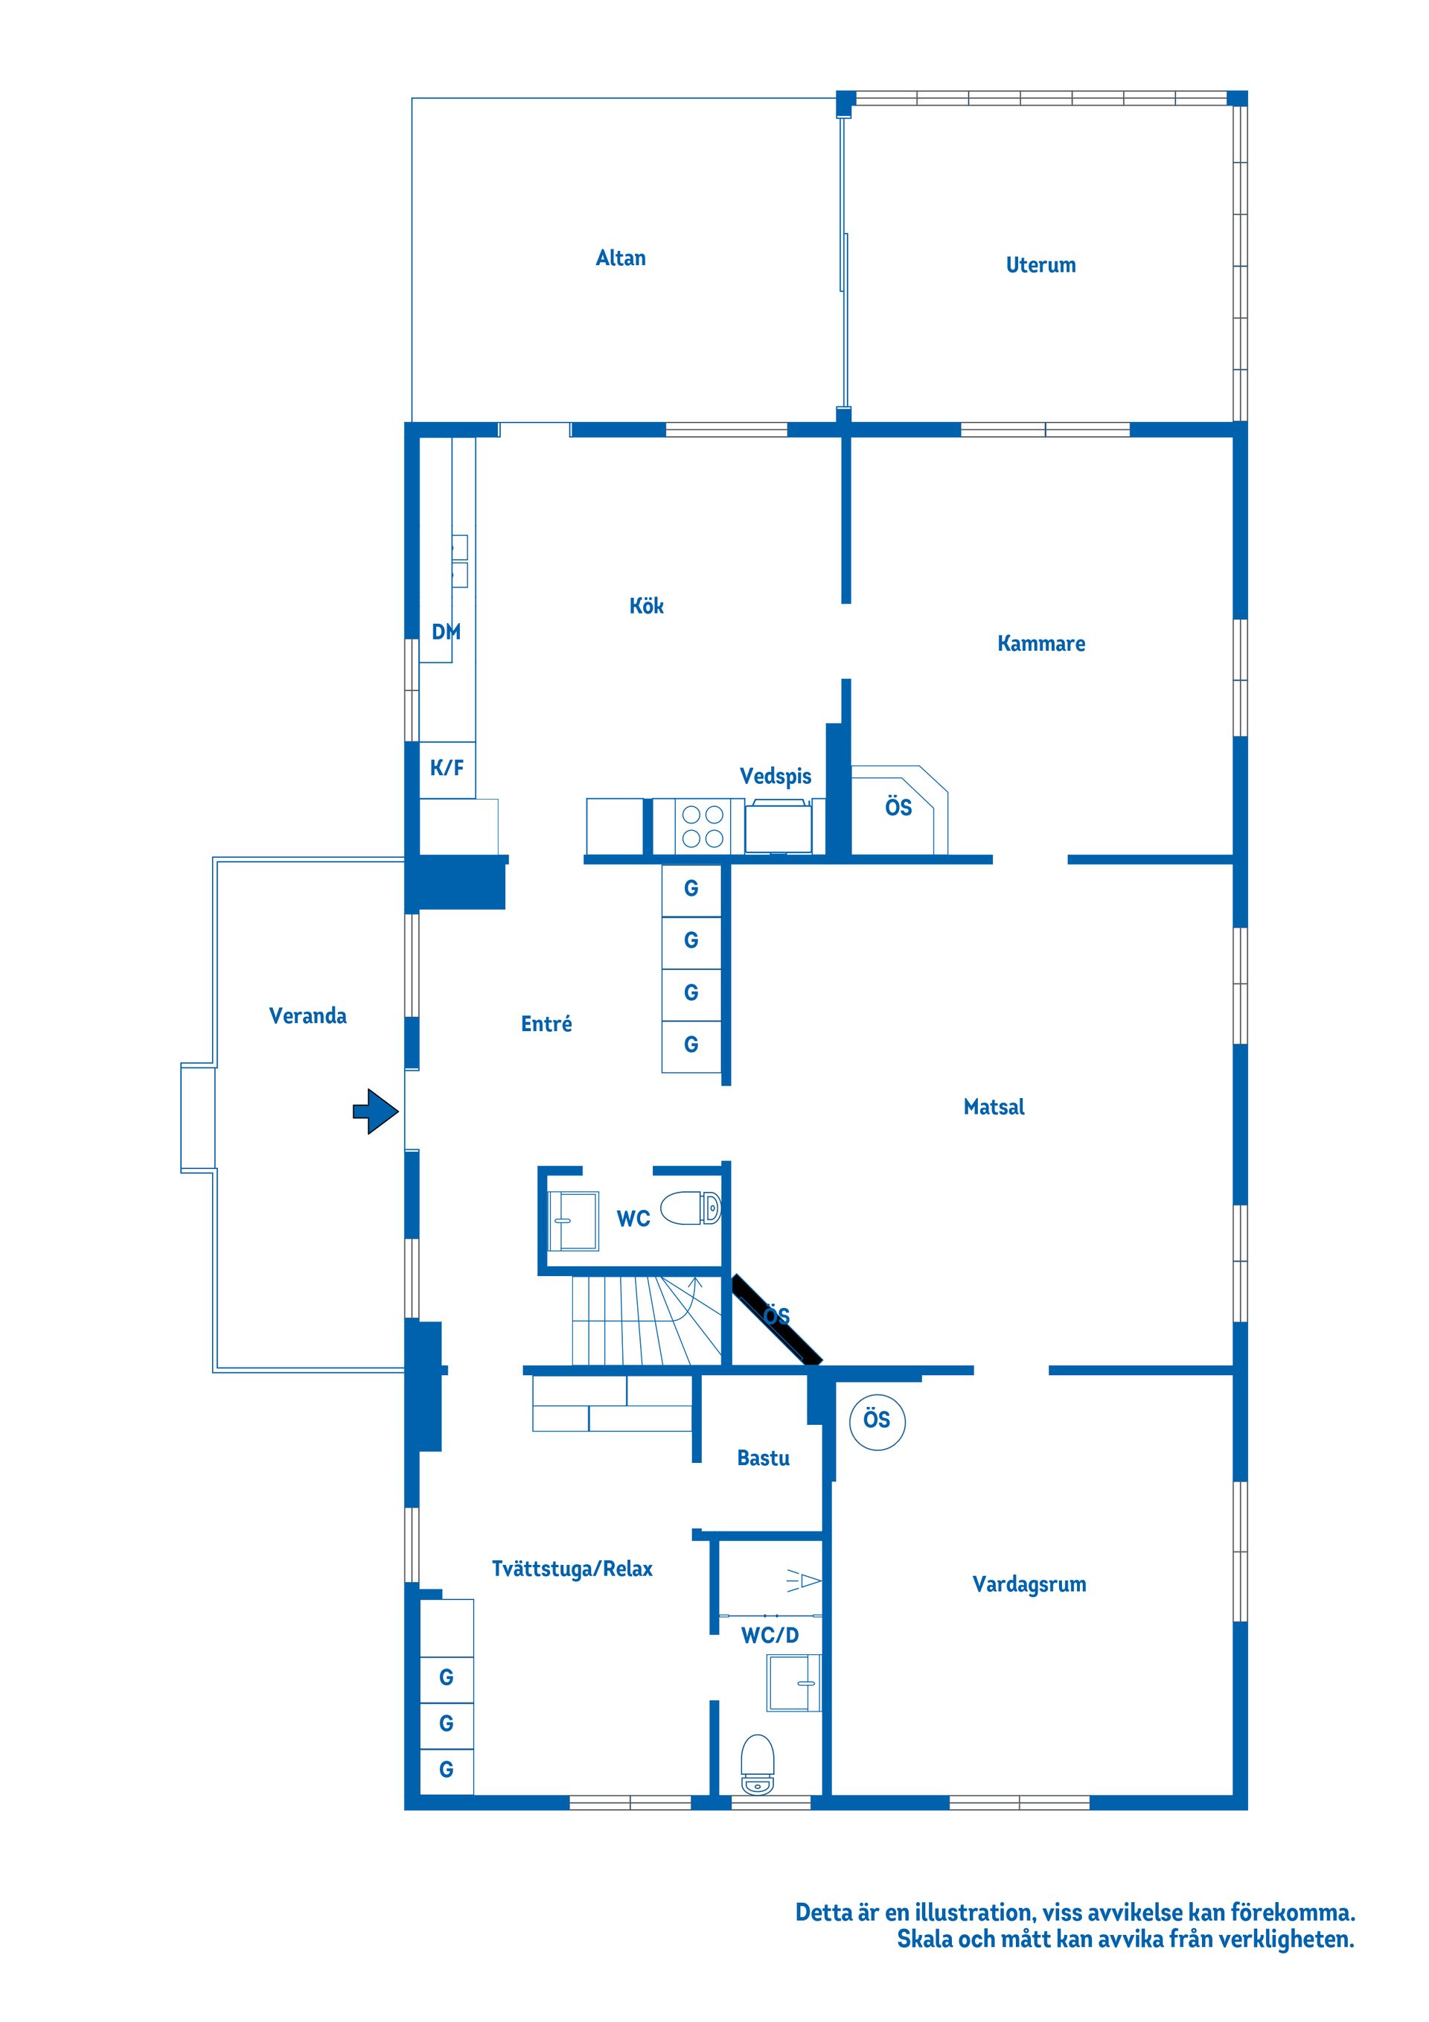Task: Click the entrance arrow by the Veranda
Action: [x=376, y=1112]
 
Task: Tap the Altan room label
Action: [x=621, y=258]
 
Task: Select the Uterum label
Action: [x=1040, y=265]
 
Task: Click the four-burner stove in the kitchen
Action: [x=703, y=826]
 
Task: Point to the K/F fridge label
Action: [x=447, y=768]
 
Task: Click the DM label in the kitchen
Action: [x=447, y=631]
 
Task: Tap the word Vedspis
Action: [x=776, y=776]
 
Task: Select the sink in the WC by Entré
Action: [x=573, y=1221]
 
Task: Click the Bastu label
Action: [x=764, y=1458]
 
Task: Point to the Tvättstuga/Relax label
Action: [x=572, y=1569]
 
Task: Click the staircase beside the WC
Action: [x=648, y=1320]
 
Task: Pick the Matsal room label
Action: [x=994, y=1107]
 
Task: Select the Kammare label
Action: [x=1041, y=644]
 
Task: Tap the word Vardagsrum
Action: [x=1029, y=1584]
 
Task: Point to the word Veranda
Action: [x=307, y=1016]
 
